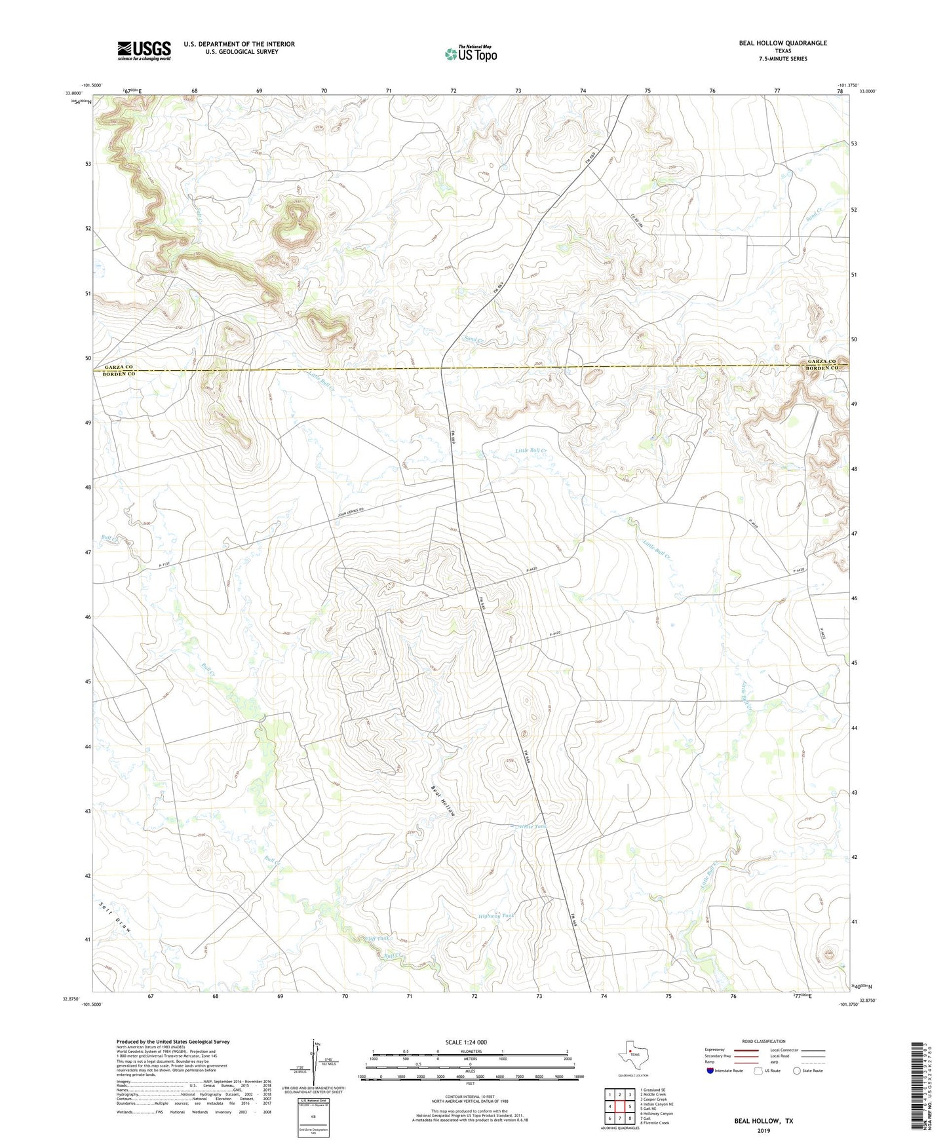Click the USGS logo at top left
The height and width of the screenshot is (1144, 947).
pos(144,50)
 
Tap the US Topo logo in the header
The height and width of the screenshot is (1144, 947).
pos(471,54)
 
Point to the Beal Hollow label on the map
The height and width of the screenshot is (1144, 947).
pos(442,800)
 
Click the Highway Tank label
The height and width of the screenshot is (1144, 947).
pos(497,916)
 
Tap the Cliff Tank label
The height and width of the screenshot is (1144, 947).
pos(377,938)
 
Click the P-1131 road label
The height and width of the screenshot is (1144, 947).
pos(169,565)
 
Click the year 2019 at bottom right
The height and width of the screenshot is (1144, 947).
pos(763,1130)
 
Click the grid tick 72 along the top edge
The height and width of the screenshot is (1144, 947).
pos(454,90)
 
